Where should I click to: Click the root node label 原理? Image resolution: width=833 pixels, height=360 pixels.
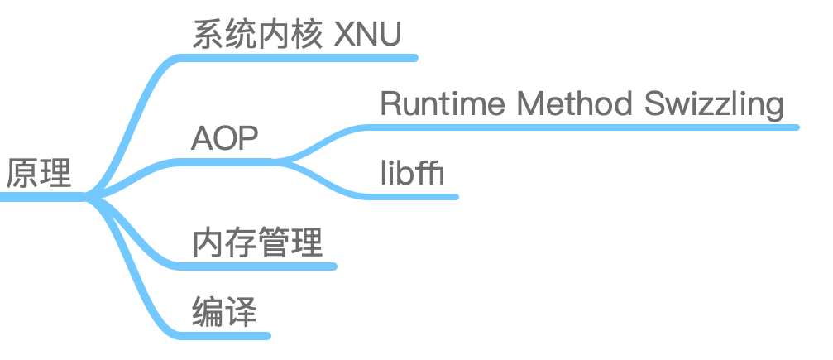coord(38,174)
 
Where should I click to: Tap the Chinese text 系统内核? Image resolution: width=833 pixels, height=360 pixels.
coord(256,36)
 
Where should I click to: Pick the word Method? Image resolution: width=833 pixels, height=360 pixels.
coord(567,105)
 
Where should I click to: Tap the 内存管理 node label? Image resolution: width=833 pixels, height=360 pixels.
coord(256,243)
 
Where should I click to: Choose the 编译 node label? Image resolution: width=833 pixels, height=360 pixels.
coord(224,314)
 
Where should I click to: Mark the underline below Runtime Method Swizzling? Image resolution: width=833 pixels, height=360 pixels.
coord(579,127)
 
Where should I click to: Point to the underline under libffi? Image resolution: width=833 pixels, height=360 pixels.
coord(414,197)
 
